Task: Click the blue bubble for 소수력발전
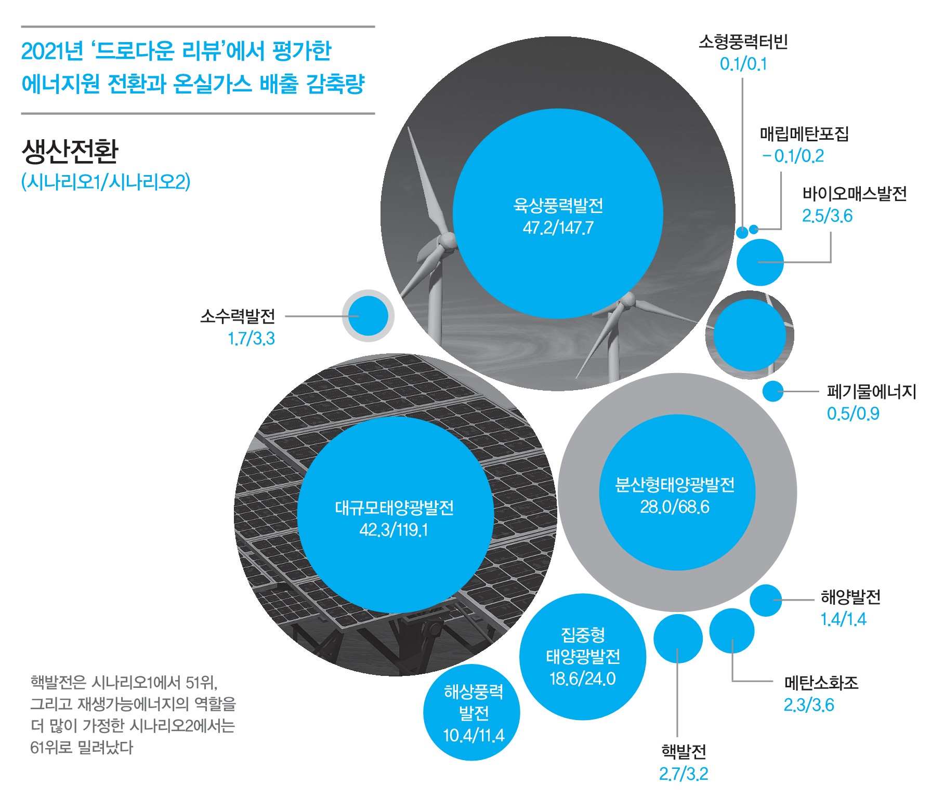point(368,316)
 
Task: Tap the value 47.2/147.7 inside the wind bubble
point(558,228)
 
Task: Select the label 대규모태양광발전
point(394,507)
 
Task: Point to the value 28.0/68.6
point(675,507)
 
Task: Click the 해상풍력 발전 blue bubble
point(471,712)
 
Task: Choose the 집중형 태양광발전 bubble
point(583,657)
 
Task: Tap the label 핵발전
point(684,751)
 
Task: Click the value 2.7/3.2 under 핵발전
point(684,774)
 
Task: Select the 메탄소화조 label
point(821,682)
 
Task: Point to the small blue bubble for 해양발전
point(766,600)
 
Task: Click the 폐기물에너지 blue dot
point(773,391)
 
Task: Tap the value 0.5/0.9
point(853,414)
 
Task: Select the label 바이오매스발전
point(855,193)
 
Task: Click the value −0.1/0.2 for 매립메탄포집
point(793,156)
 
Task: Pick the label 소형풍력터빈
point(743,41)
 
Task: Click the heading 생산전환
point(70,151)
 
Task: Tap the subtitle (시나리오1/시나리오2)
point(106,182)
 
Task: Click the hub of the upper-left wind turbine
point(445,242)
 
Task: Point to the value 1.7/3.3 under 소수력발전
point(252,339)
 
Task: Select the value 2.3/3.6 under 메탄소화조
point(809,705)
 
